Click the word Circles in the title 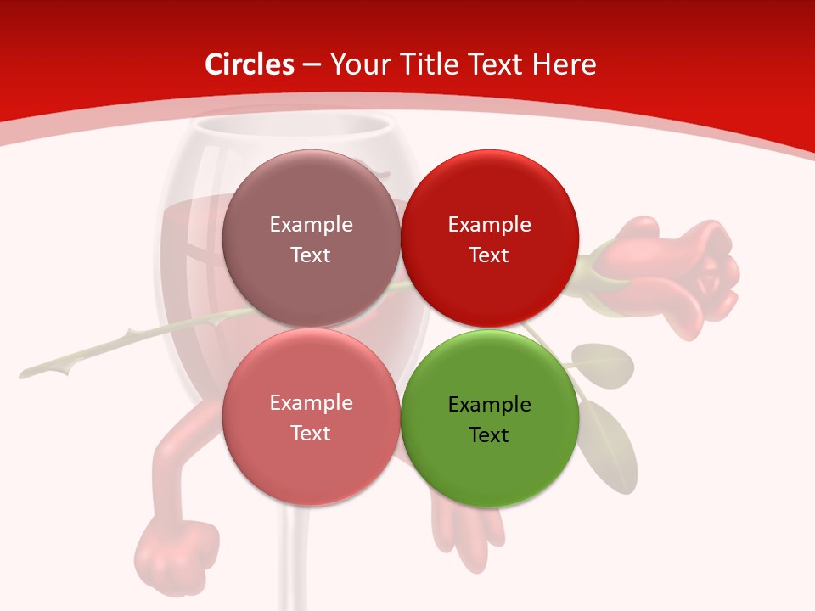250,64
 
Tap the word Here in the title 564,64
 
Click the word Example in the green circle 489,405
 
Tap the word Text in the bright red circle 489,255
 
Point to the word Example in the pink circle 311,403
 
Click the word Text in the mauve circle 311,255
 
